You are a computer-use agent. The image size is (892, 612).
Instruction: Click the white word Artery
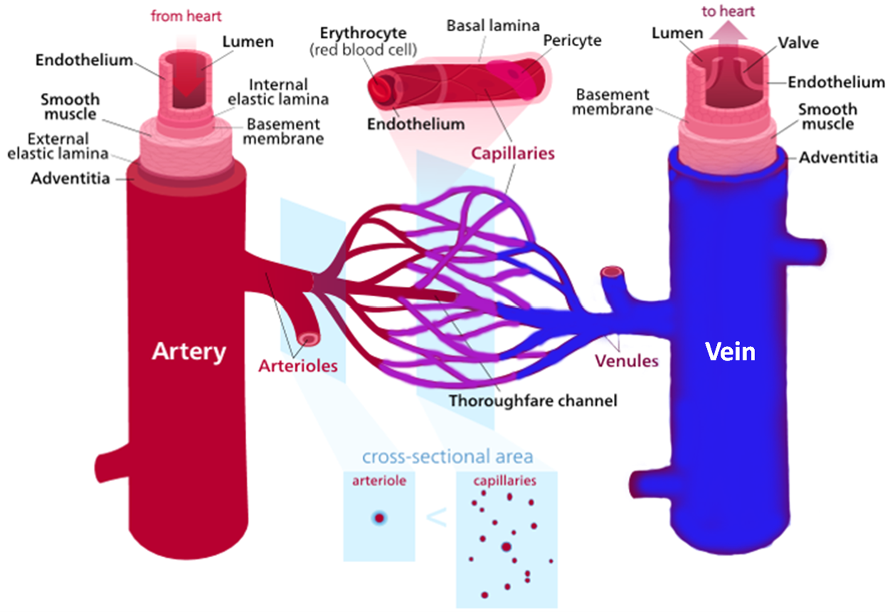(x=189, y=351)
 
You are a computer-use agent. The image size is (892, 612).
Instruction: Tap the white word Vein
(x=730, y=351)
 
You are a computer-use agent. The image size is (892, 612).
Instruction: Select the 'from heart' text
(x=186, y=16)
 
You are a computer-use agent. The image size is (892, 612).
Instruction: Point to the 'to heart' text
(x=728, y=11)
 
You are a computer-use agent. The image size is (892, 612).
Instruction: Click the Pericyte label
(x=572, y=41)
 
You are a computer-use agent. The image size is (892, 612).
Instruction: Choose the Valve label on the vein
(x=798, y=43)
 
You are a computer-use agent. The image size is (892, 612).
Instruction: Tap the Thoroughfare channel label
(x=533, y=401)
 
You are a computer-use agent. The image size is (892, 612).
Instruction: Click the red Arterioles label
(x=298, y=366)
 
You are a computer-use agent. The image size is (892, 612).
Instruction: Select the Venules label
(x=626, y=361)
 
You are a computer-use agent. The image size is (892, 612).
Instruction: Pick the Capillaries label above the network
(x=512, y=153)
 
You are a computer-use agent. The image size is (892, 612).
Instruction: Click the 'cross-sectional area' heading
(x=447, y=457)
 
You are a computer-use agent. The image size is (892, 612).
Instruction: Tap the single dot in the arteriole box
(x=379, y=518)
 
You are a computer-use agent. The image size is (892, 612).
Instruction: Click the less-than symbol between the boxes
(x=436, y=517)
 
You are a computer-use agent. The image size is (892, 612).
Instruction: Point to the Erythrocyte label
(x=363, y=33)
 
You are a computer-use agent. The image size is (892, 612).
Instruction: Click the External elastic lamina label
(x=58, y=146)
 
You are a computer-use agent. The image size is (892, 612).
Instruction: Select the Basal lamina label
(x=493, y=26)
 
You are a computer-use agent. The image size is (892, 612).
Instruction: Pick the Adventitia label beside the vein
(x=838, y=158)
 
